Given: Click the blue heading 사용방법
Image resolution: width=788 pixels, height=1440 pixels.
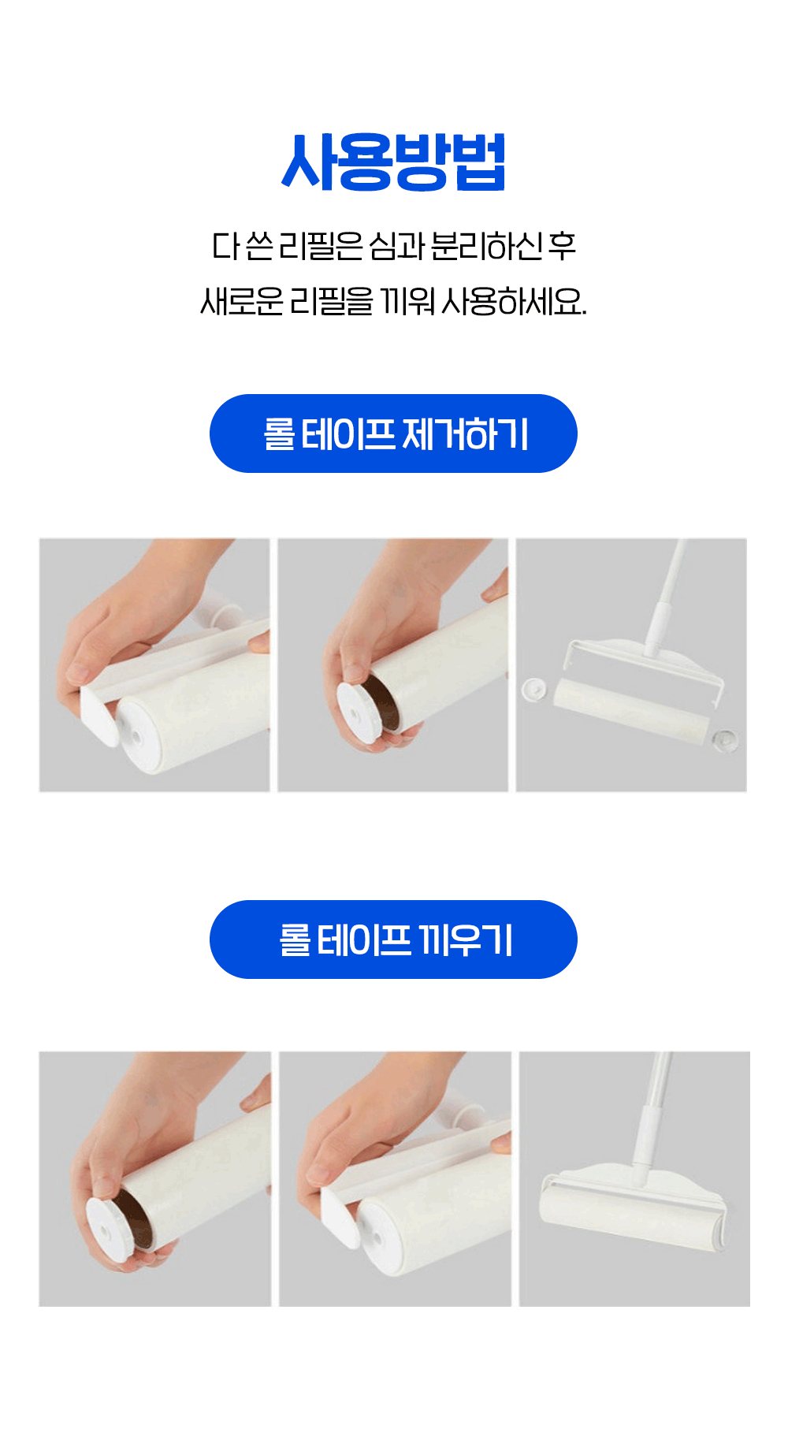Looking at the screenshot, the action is (393, 162).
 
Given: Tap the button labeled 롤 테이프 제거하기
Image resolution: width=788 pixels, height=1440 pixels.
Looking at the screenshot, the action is (393, 433).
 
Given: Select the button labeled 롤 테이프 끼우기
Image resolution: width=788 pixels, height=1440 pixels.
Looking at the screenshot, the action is (393, 940).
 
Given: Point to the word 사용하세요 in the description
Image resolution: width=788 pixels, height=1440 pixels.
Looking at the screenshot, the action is (514, 301).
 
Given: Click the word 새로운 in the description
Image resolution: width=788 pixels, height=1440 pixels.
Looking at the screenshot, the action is (241, 301).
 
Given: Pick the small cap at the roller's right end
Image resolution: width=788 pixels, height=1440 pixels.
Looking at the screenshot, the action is (723, 740).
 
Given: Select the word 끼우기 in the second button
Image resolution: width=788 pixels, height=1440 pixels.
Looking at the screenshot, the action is (466, 940).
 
